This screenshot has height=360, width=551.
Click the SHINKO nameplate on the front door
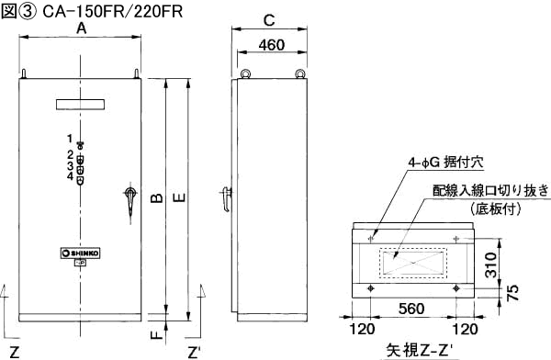pyautogui.click(x=81, y=253)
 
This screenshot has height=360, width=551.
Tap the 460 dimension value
pyautogui.click(x=272, y=45)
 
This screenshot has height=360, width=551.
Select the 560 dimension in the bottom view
pyautogui.click(x=411, y=309)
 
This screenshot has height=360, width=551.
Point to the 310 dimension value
pyautogui.click(x=491, y=264)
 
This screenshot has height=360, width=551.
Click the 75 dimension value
pyautogui.click(x=513, y=292)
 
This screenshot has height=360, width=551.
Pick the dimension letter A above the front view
pyautogui.click(x=81, y=28)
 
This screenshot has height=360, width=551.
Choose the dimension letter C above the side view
pyautogui.click(x=269, y=20)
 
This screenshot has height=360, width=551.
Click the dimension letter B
pyautogui.click(x=157, y=198)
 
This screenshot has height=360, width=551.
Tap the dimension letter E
pyautogui.click(x=179, y=198)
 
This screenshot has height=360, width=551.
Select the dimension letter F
pyautogui.click(x=157, y=334)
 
